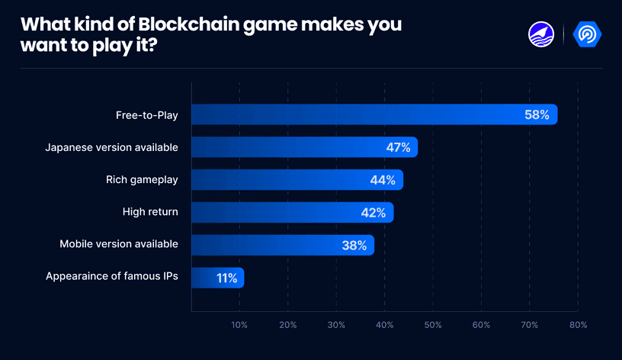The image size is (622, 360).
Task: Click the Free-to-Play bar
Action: (374, 114)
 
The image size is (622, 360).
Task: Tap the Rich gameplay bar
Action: (297, 180)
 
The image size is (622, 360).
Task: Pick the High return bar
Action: (292, 212)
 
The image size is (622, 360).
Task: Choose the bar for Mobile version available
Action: (282, 245)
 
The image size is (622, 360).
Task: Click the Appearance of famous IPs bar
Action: (217, 278)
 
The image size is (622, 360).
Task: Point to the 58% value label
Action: (537, 115)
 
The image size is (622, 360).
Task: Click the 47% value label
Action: (398, 147)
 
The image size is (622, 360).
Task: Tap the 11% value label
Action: (226, 278)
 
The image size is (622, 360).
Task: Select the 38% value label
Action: (354, 246)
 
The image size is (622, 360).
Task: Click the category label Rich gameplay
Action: (142, 180)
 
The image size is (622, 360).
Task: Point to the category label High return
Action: (150, 212)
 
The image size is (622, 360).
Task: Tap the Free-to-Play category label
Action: (146, 115)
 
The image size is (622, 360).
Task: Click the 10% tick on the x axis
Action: (239, 325)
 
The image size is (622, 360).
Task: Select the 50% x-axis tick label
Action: (433, 325)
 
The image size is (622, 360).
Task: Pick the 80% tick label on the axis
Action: (578, 325)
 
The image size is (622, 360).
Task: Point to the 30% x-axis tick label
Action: (336, 325)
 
